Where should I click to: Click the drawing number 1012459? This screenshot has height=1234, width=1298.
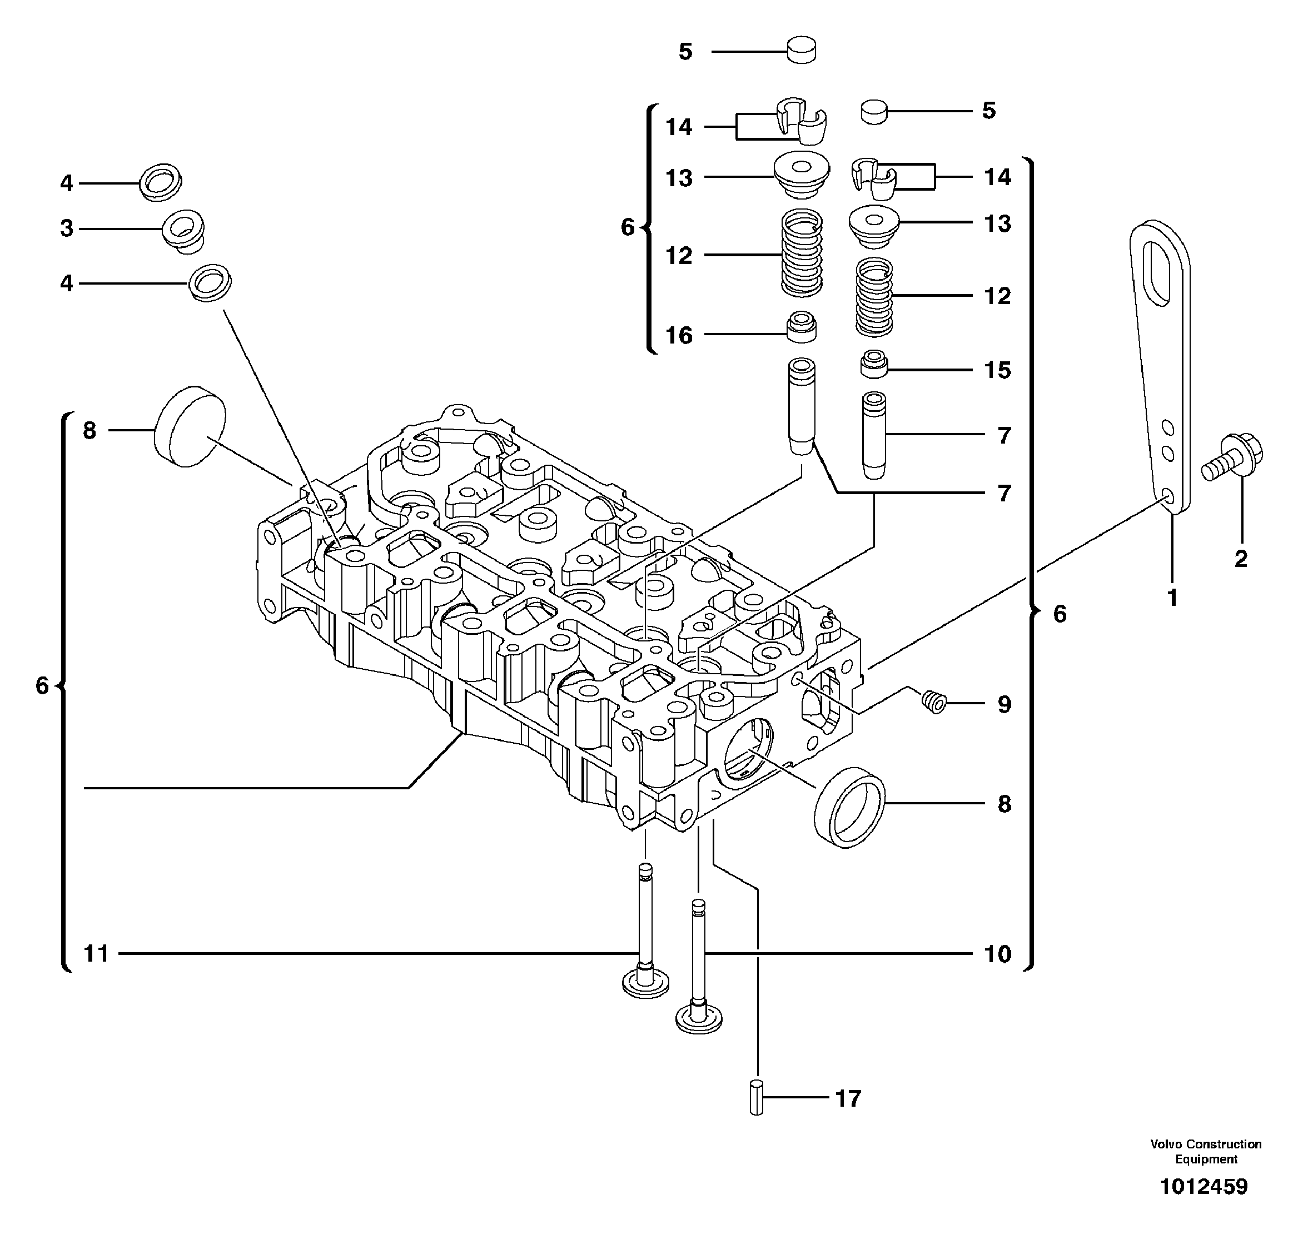click(x=1203, y=1187)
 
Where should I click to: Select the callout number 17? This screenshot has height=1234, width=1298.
click(x=848, y=1098)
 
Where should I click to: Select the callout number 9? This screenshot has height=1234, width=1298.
click(x=1004, y=704)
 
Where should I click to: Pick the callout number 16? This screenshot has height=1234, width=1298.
click(x=679, y=336)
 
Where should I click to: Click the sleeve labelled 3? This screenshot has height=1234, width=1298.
click(x=184, y=230)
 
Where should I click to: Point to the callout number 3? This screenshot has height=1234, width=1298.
click(x=67, y=229)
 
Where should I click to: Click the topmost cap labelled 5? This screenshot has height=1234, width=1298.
click(x=801, y=51)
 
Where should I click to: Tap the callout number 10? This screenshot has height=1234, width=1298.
click(x=997, y=954)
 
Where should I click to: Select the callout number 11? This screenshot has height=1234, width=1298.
click(x=96, y=954)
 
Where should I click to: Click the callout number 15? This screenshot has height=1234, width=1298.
click(x=997, y=370)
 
